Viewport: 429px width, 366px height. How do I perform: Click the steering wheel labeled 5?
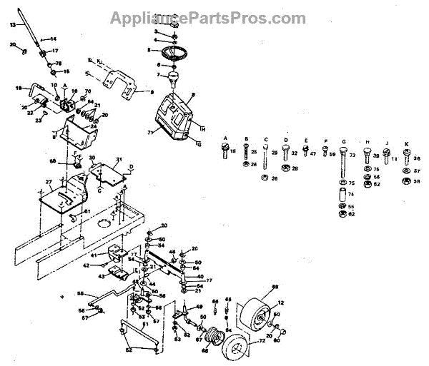tap(174, 52)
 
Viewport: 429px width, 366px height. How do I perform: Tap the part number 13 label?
tap(11, 24)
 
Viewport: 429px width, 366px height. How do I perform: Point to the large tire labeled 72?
tap(240, 350)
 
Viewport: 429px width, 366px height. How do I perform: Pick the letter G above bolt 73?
tap(344, 140)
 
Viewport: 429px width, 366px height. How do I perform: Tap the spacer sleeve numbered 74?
tap(342, 194)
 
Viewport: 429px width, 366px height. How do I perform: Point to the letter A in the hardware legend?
tap(225, 137)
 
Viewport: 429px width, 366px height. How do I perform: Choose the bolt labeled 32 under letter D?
tap(286, 153)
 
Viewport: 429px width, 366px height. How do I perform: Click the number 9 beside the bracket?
tap(152, 92)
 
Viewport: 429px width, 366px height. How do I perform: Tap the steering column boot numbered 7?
tap(174, 73)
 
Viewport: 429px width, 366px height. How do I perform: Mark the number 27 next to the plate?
tap(49, 183)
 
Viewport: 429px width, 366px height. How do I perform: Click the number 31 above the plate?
tap(119, 159)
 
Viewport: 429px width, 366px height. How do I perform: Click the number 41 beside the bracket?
tap(93, 255)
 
